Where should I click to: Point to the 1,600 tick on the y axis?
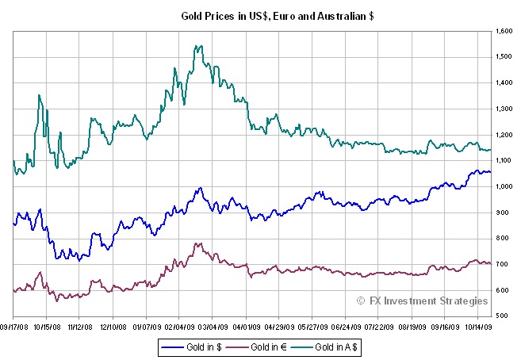504,31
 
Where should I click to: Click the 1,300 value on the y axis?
504,109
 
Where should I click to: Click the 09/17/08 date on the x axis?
13,325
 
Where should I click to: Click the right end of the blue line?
492,171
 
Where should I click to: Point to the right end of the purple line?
492,264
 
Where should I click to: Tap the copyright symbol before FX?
361,301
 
